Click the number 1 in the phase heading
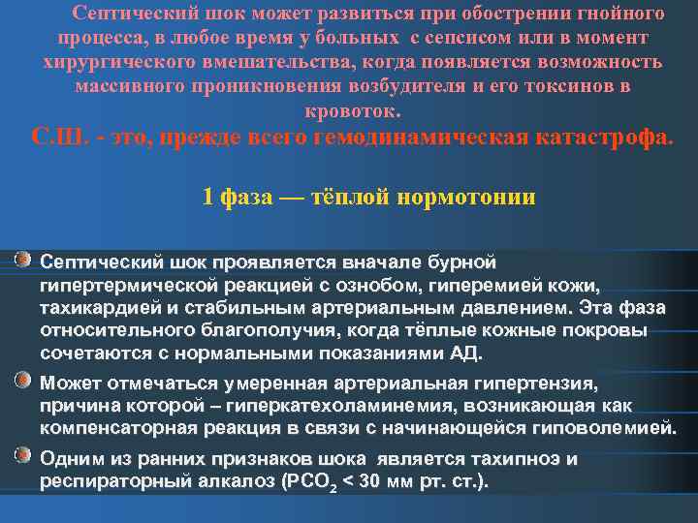207,197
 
